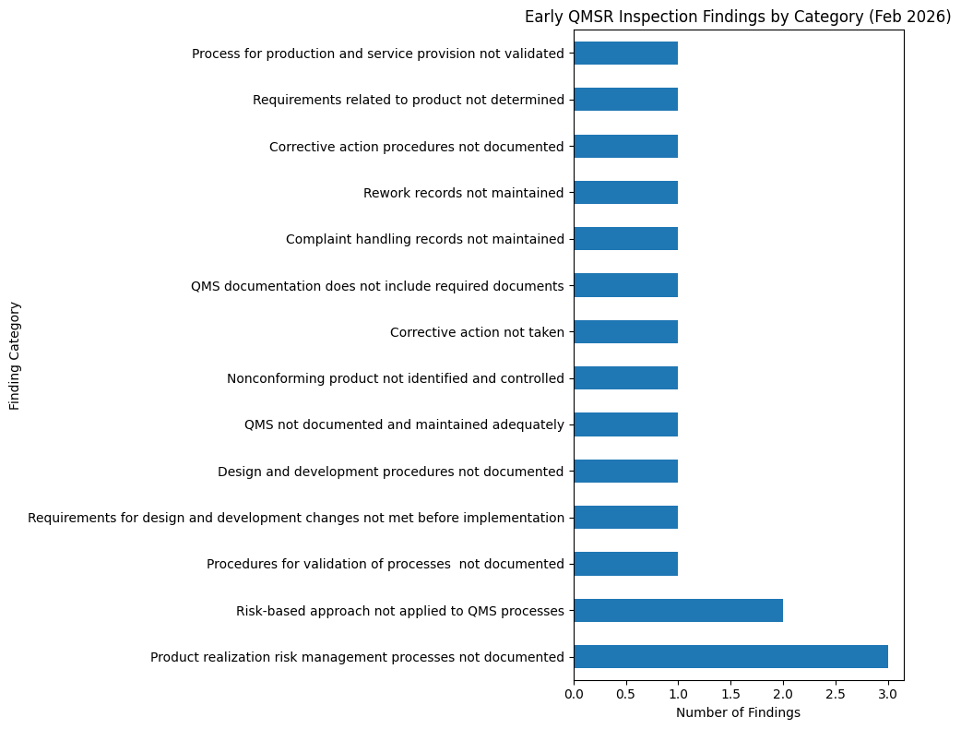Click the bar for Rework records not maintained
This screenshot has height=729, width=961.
[626, 192]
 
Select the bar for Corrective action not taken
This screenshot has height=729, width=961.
[626, 331]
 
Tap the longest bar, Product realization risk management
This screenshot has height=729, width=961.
[730, 656]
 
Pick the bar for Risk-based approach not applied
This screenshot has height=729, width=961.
[678, 610]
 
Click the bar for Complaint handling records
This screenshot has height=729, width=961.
[626, 239]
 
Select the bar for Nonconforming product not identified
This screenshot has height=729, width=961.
[626, 378]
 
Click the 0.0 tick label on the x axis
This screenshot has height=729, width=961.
[575, 693]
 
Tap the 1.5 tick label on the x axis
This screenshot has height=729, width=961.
[731, 693]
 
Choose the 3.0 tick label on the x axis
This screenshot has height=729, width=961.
[888, 693]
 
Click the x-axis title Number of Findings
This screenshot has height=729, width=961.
[738, 712]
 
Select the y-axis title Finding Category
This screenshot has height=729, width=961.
[15, 355]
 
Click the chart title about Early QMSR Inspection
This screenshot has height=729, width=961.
[738, 17]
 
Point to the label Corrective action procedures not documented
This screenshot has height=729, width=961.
[416, 147]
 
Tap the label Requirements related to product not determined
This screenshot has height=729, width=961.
[408, 100]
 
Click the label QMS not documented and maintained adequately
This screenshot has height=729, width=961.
[404, 424]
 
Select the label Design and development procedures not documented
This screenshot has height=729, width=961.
[390, 472]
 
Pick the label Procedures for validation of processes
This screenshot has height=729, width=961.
[385, 564]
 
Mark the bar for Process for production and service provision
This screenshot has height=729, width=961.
[626, 53]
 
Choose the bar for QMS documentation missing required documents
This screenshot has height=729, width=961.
[626, 285]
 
